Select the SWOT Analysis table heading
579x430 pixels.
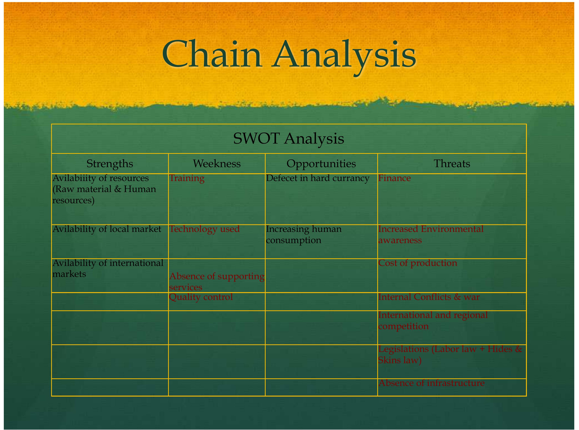pos(288,138)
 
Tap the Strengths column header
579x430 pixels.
pos(110,164)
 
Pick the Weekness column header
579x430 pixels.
pos(217,164)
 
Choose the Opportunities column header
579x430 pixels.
pos(321,164)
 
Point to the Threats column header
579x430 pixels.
pos(452,164)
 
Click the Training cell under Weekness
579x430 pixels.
pos(187,178)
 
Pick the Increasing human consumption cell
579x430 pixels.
pos(304,235)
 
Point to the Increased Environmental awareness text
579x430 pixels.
pos(430,235)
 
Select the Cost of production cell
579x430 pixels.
pos(417,263)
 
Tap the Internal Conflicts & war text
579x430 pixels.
pos(429,297)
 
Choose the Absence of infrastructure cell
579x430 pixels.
pos(431,383)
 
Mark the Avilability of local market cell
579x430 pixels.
pos(107,229)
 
